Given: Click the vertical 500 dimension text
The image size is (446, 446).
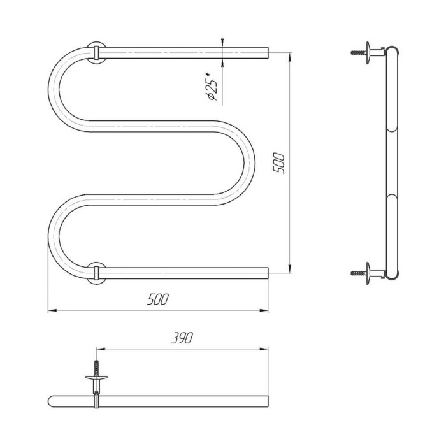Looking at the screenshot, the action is [x=278, y=163].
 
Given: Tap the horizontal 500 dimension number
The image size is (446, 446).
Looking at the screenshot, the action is [x=158, y=299].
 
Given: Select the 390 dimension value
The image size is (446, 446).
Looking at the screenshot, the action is [x=182, y=338].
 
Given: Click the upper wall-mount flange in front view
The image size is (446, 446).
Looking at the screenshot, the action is [x=96, y=53].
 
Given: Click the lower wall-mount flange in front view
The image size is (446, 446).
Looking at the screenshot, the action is [x=96, y=273].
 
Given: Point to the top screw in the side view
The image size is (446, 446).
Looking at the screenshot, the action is [x=358, y=53].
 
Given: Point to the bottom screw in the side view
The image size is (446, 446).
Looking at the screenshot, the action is [x=358, y=273].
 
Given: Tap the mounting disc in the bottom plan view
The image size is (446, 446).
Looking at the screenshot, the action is [x=96, y=378].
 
